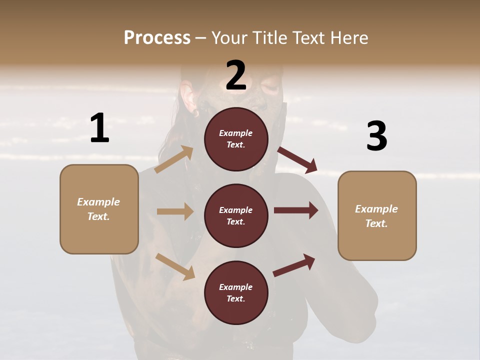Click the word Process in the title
(x=157, y=37)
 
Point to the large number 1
(x=99, y=128)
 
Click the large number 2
(x=236, y=75)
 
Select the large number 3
(x=376, y=136)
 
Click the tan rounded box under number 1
(x=99, y=209)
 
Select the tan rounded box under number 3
(x=377, y=215)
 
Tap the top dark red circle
(x=236, y=139)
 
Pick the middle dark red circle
(x=236, y=215)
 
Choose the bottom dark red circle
(x=236, y=292)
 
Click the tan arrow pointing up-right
(x=174, y=159)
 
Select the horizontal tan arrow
(x=174, y=211)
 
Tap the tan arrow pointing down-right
(x=175, y=266)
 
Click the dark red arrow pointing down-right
(x=297, y=160)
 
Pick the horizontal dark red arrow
(x=296, y=210)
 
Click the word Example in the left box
(x=98, y=202)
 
